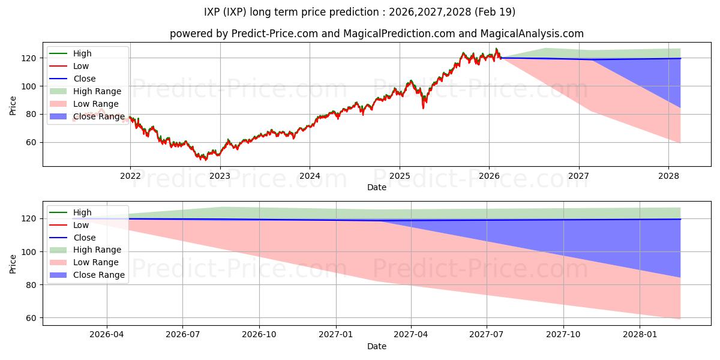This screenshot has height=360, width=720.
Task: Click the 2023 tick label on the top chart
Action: pos(220,176)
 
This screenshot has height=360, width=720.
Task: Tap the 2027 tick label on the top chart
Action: pos(578,176)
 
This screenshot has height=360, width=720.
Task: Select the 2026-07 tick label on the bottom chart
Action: pos(183,334)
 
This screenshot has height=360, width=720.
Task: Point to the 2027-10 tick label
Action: pos(563,334)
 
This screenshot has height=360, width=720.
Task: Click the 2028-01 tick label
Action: pos(640,334)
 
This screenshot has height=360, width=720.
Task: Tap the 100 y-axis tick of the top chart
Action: pos(29,86)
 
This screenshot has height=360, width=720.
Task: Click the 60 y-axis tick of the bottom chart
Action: pos(31,318)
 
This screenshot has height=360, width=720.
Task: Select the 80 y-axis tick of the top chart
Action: pos(31,115)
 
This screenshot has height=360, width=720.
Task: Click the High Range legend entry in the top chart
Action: pos(85,91)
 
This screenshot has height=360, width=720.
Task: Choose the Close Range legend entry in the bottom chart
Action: pos(87,275)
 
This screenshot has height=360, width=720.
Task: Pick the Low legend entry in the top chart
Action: pos(69,66)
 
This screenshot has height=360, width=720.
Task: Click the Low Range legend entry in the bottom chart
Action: pos(84,262)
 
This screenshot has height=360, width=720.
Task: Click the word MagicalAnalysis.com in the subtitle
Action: pos(532,34)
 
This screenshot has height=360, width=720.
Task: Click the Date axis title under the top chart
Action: pos(377,187)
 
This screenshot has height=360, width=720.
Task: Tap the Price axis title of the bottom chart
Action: pos(13,264)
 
